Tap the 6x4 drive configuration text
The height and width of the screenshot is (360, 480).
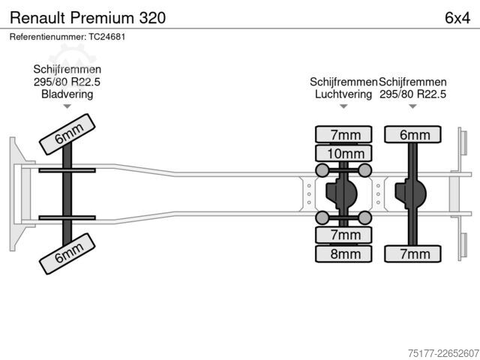point(457,18)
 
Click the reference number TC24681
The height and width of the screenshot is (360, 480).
point(106,37)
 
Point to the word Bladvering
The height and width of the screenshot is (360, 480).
point(67,94)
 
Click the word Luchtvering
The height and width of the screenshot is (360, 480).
point(343,94)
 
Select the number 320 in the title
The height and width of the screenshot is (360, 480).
point(152,18)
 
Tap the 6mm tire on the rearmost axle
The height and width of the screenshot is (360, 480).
point(412,134)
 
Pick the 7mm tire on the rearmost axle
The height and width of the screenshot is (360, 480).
point(412,253)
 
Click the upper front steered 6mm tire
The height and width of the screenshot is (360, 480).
point(67,134)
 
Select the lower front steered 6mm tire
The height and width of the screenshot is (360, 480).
point(67,253)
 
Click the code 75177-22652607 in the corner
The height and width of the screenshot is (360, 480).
point(443,353)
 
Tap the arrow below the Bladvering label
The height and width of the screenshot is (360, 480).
point(67,106)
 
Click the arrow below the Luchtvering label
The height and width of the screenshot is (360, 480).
point(343,106)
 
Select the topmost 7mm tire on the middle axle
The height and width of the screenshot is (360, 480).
point(343,134)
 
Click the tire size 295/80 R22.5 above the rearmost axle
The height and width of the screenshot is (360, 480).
point(412,94)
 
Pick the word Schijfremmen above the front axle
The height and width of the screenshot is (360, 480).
point(67,69)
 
